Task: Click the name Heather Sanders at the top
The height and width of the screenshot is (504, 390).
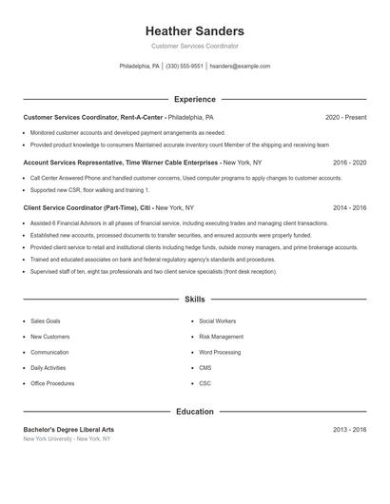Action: click(195, 30)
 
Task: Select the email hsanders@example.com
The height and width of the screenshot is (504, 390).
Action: click(240, 67)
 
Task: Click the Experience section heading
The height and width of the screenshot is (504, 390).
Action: click(195, 99)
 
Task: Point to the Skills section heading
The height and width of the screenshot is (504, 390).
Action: click(195, 300)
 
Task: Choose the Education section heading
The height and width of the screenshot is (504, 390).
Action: click(195, 412)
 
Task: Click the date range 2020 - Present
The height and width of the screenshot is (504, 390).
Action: click(345, 117)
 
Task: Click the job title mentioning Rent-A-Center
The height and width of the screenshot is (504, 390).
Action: click(93, 117)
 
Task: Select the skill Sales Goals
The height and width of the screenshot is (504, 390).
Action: click(45, 321)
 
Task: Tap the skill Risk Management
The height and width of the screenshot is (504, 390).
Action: click(221, 337)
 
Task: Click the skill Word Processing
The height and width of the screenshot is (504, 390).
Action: click(220, 352)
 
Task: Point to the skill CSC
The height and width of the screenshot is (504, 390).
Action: click(205, 382)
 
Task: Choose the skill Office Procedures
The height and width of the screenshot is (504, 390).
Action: click(52, 382)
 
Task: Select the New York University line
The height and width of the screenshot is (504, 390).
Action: click(67, 439)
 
